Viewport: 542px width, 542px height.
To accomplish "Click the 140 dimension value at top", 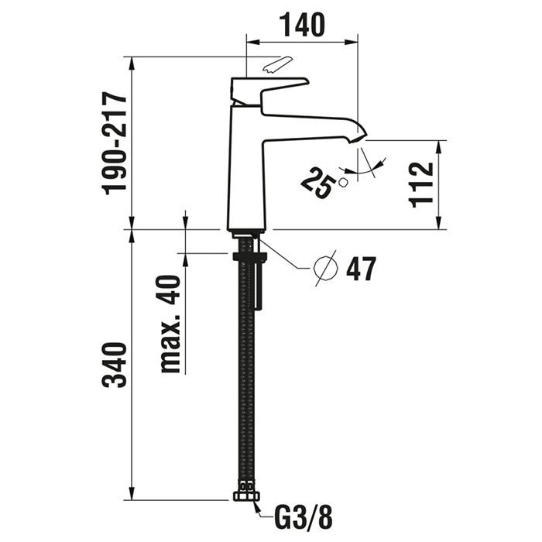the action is (x=302, y=24).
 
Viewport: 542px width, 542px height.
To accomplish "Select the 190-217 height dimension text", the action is (x=115, y=143).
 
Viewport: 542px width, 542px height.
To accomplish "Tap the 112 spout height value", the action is (x=420, y=184).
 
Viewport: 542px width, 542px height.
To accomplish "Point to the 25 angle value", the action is (x=318, y=183).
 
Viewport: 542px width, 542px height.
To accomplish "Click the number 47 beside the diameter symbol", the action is (x=361, y=269).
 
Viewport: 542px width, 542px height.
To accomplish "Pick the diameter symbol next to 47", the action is (x=325, y=268).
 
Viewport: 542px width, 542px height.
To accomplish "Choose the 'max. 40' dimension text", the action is (x=171, y=324).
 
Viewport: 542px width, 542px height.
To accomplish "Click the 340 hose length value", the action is (x=115, y=365).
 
